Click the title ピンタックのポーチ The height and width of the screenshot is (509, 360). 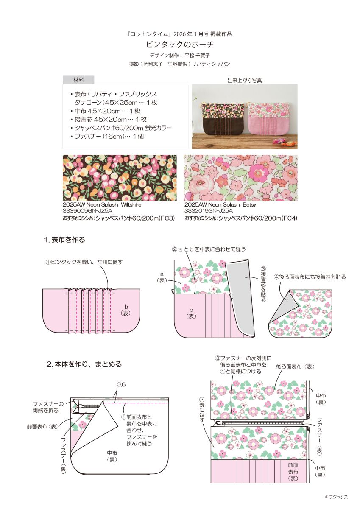click(180, 44)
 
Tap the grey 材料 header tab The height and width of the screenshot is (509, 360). click(78, 80)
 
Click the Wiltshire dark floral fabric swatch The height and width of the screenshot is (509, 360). click(120, 178)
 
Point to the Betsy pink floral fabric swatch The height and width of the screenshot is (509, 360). click(240, 178)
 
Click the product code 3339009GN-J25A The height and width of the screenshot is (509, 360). click(87, 211)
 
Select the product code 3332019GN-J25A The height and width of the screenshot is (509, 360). click(208, 211)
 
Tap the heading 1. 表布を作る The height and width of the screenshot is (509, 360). click(64, 240)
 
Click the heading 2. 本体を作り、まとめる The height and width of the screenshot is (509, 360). click(84, 364)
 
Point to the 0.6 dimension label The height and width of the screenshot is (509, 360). click(121, 384)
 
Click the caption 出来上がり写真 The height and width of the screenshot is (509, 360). click(245, 80)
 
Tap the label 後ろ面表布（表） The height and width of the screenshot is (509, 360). click(295, 367)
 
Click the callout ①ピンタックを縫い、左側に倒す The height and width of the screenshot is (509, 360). click(84, 262)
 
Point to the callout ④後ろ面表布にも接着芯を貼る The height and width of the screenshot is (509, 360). click(310, 277)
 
